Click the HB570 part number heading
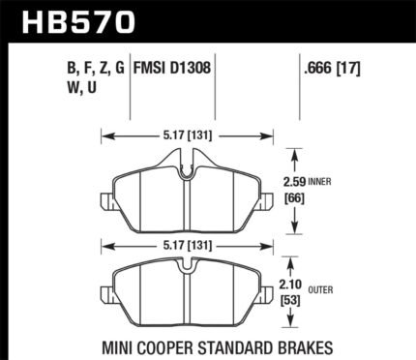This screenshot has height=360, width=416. tap(78, 21)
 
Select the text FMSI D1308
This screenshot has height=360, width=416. tap(172, 69)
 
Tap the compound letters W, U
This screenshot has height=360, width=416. tap(82, 87)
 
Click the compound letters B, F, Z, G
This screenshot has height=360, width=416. tap(96, 69)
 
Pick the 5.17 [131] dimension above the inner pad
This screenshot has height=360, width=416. tap(188, 136)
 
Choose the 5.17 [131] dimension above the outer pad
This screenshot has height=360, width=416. tap(188, 247)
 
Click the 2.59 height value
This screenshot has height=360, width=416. tap(294, 183)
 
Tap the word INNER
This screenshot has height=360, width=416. tap(319, 182)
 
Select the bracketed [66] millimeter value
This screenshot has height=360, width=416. tap(294, 198)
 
